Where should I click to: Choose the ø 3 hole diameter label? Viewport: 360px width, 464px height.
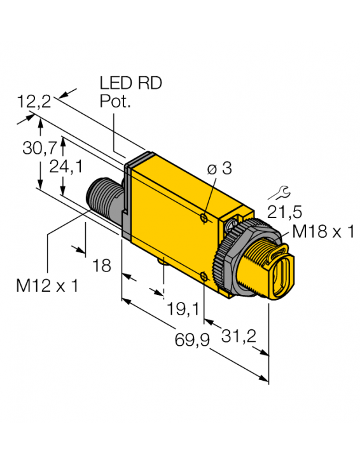pyautogui.click(x=219, y=168)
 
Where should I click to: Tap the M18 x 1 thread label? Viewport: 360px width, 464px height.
pyautogui.click(x=322, y=233)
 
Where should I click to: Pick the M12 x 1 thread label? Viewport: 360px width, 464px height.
pyautogui.click(x=47, y=285)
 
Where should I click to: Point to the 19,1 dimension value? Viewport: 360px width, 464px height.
pyautogui.click(x=181, y=310)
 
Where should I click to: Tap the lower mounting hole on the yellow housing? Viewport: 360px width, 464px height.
pyautogui.click(x=203, y=275)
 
